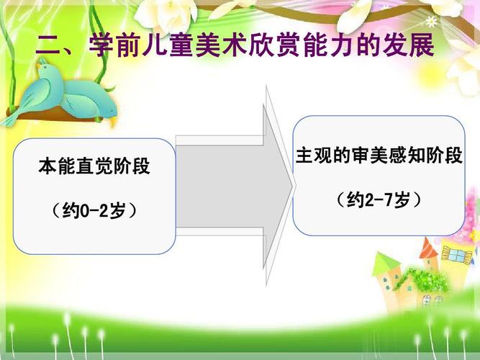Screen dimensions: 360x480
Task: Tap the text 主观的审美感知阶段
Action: [x=379, y=156]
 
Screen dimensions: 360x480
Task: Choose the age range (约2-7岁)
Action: [x=379, y=200]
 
